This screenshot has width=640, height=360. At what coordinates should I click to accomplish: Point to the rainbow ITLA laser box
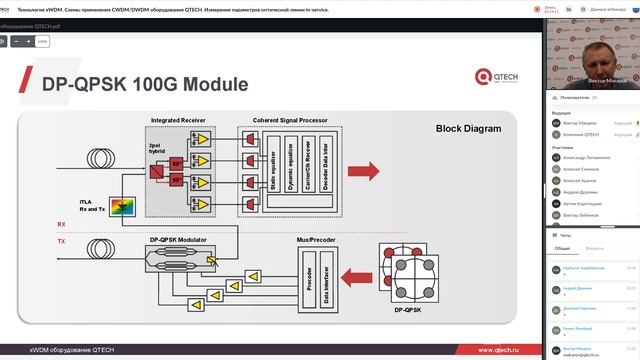tap(124, 206)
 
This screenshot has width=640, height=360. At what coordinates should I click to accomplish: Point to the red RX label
tap(62, 225)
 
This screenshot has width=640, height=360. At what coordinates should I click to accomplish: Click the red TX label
tap(62, 241)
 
